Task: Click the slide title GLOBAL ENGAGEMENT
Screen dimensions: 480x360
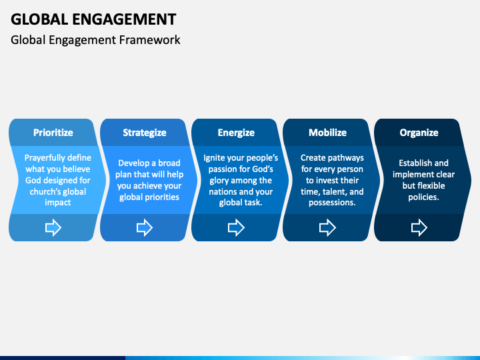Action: [93, 19]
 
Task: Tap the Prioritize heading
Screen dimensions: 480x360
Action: [53, 133]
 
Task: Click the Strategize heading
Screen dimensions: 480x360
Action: [145, 133]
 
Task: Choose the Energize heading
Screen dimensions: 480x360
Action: [236, 133]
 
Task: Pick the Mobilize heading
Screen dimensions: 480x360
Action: [327, 133]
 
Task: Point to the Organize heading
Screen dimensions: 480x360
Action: [419, 133]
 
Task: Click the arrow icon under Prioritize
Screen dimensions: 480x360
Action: [53, 227]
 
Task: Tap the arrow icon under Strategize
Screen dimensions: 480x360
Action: [145, 227]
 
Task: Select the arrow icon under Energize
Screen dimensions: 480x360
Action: [236, 227]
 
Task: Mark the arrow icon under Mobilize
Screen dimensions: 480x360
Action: [327, 227]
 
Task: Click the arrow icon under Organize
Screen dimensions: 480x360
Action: [419, 227]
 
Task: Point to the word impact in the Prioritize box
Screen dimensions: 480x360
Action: [58, 203]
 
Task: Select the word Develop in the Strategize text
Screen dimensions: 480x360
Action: [133, 163]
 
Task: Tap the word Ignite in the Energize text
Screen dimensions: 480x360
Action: [214, 158]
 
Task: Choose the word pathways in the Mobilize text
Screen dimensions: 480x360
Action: [346, 158]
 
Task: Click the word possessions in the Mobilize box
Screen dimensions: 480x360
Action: [332, 203]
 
